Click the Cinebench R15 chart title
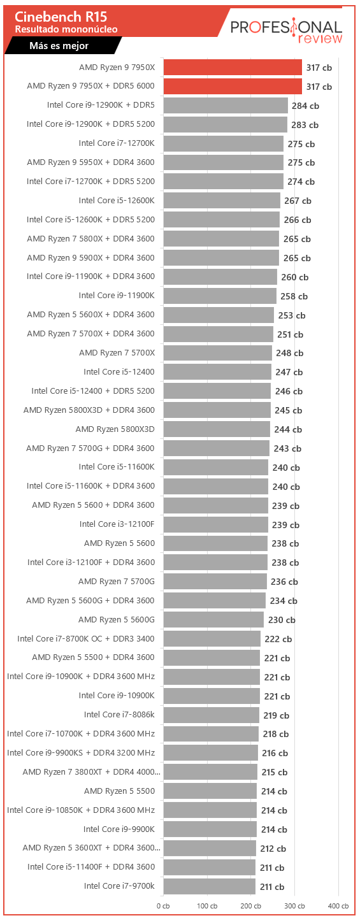61,17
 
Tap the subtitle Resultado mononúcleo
66,29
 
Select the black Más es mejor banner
63,45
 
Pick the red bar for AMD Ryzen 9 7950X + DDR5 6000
233,87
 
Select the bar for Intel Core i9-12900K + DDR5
226,106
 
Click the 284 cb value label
305,106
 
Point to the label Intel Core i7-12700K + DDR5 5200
90,181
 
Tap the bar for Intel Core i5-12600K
222,201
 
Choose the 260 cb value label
295,277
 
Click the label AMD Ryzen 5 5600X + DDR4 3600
90,314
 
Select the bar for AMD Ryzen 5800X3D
217,429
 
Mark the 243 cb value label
287,448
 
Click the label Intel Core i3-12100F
117,524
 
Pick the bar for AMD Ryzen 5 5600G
213,620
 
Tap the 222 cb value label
278,639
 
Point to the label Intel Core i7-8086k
119,714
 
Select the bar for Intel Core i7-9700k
210,886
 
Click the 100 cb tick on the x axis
207,906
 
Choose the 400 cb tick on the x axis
338,906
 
